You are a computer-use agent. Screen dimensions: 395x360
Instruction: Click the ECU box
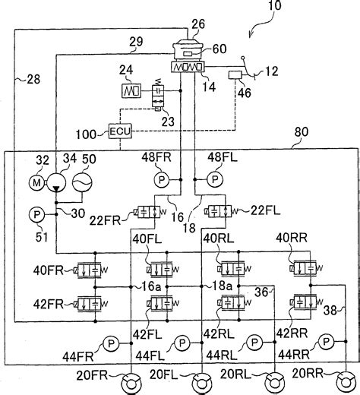click(120, 131)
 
